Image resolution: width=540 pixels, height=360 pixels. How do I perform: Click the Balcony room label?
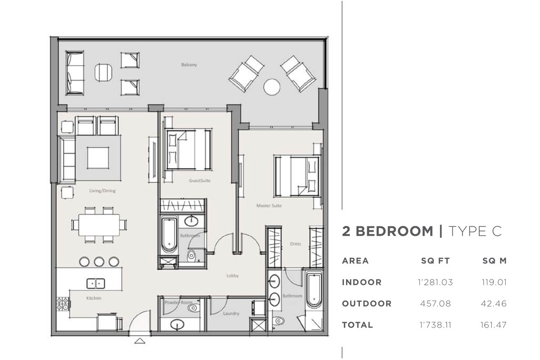tap(189, 65)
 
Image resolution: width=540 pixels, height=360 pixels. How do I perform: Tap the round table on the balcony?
tap(272, 87)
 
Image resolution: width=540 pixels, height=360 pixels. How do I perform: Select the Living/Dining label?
tap(103, 191)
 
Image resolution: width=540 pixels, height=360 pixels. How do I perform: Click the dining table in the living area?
tap(99, 225)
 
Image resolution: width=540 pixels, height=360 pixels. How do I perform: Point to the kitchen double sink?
tap(96, 283)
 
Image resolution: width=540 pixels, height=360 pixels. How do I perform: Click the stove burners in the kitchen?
tap(63, 304)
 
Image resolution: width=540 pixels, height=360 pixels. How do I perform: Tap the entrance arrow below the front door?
tap(140, 341)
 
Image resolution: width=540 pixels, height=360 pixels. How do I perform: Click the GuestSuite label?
tap(200, 180)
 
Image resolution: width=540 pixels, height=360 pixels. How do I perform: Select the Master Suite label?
tap(269, 206)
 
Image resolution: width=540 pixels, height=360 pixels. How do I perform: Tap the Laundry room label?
tap(231, 314)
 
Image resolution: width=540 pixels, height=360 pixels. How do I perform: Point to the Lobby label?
tap(232, 275)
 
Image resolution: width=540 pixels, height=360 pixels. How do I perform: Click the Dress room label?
tap(296, 244)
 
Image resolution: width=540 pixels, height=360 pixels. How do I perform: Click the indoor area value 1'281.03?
tap(435, 282)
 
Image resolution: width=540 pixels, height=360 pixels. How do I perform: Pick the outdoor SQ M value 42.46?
tap(494, 303)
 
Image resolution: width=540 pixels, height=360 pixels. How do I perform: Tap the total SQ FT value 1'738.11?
tap(435, 325)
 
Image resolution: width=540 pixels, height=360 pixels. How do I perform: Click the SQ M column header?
tap(494, 261)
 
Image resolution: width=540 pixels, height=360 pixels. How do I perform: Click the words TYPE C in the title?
tap(475, 231)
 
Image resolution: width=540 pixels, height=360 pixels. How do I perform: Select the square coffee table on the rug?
tap(98, 158)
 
